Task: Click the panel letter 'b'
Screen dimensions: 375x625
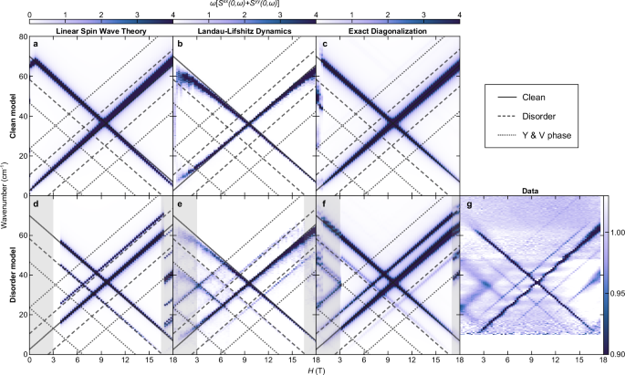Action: [181, 44]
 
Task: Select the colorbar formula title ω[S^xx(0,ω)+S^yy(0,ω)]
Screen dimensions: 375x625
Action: [245, 5]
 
